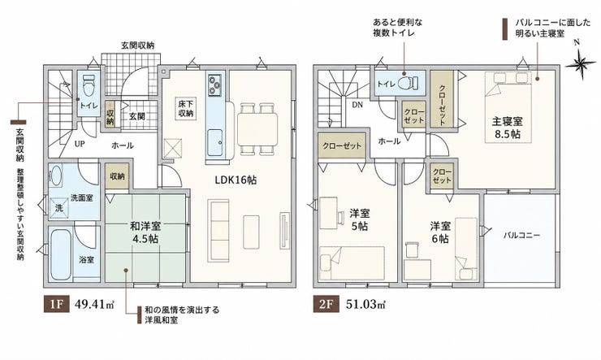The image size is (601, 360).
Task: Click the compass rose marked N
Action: tap(581, 63)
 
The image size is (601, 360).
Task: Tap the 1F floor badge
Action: tap(56, 305)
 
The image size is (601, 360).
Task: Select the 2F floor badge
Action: tap(326, 305)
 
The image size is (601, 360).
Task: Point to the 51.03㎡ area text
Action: tap(366, 305)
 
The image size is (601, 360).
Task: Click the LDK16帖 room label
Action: tap(236, 180)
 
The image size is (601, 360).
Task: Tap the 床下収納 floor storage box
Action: tap(185, 108)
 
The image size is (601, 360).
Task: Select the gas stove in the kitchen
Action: tap(214, 85)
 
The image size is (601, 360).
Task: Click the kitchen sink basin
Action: tap(214, 142)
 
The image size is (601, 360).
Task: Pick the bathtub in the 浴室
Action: tap(61, 254)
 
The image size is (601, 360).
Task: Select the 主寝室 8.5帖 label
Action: tap(507, 128)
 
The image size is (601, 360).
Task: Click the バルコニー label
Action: tap(521, 235)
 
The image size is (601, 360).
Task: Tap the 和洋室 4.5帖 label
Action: tap(145, 232)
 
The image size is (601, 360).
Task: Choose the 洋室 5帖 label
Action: tap(360, 219)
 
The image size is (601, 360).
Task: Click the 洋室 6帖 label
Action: tap(440, 232)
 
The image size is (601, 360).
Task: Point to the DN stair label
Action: tap(357, 104)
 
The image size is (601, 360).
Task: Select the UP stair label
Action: tap(80, 144)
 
